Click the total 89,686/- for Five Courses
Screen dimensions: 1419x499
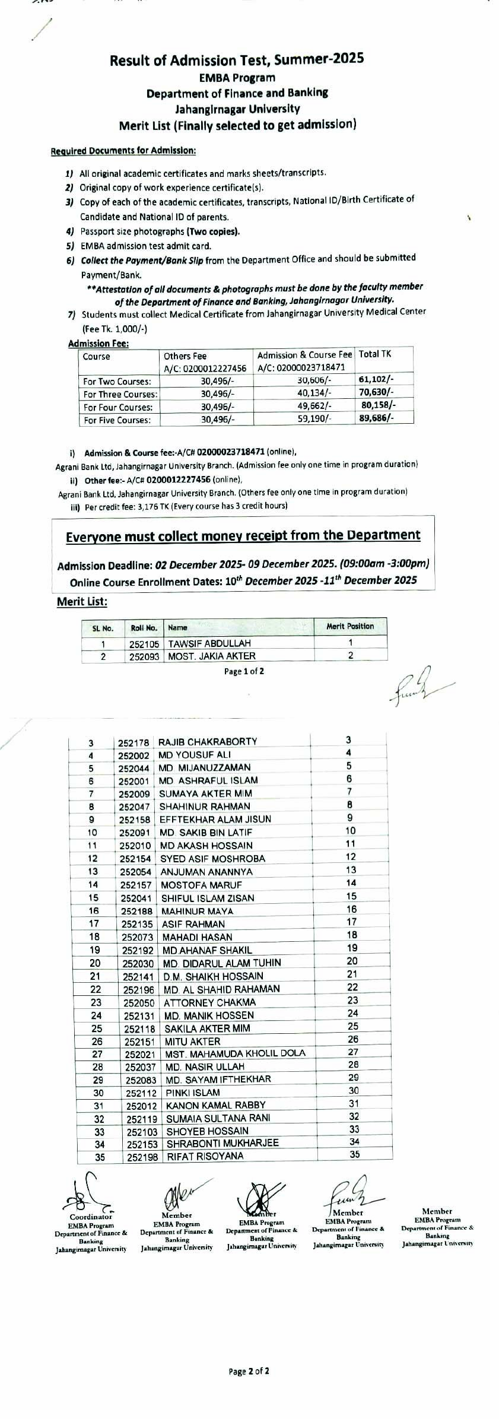[x=377, y=418]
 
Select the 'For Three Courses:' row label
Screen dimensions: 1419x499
[x=120, y=395]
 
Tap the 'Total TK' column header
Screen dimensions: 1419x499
[x=375, y=354]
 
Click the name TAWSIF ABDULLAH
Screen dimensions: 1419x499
[x=209, y=643]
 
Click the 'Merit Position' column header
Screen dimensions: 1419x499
[x=350, y=626]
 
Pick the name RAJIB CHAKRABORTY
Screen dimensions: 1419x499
[x=208, y=741]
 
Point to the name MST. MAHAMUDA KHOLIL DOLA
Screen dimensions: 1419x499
[x=235, y=1054]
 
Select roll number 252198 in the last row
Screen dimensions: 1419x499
[x=142, y=1157]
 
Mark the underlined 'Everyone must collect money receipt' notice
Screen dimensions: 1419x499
[x=243, y=535]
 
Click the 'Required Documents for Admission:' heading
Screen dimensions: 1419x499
[x=123, y=151]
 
